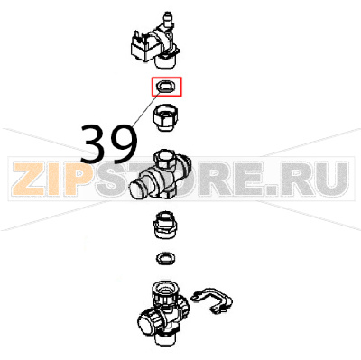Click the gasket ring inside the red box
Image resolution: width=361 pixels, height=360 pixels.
(167, 87)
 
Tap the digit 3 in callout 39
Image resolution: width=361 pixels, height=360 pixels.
(97, 141)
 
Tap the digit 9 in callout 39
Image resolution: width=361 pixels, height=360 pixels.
(123, 141)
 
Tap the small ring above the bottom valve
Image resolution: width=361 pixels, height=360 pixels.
(166, 260)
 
